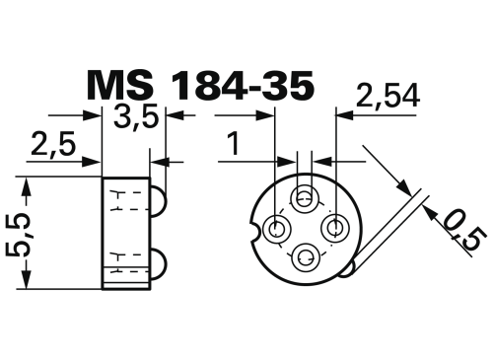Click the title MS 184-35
(x=200, y=86)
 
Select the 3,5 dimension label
(x=136, y=117)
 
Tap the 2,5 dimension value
(x=53, y=144)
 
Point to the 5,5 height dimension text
(x=20, y=233)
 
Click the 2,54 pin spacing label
(x=387, y=96)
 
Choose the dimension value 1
(x=234, y=144)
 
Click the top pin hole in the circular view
(x=305, y=198)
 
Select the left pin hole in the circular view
(x=278, y=228)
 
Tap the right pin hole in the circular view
(x=334, y=228)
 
